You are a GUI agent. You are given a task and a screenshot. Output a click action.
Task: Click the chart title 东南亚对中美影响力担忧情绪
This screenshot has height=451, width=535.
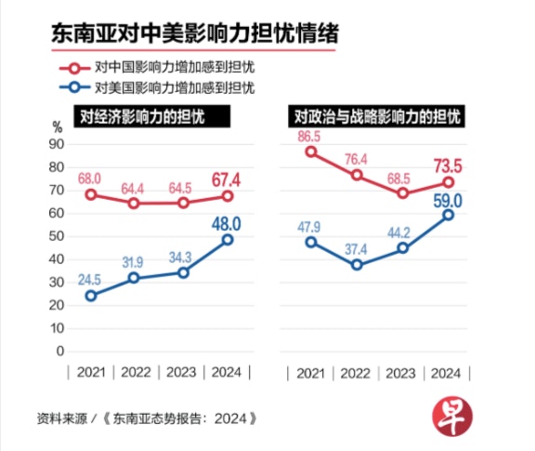(x=195, y=33)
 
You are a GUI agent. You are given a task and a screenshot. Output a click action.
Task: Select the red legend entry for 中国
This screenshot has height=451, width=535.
(x=157, y=67)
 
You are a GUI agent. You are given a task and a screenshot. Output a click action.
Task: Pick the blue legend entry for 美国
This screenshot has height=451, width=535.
(x=157, y=87)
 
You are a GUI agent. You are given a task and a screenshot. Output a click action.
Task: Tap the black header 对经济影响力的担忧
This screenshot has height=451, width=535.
(x=152, y=116)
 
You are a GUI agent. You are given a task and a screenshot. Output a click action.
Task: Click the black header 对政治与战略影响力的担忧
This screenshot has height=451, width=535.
(x=376, y=116)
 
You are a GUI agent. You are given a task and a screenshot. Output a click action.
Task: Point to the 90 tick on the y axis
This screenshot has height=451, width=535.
(x=57, y=144)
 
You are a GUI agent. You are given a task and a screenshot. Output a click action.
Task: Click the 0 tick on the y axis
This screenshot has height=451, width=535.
(x=60, y=352)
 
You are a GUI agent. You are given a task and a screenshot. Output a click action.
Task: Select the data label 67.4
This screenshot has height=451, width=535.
(x=227, y=180)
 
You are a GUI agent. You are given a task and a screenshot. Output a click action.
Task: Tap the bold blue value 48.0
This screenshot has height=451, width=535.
(x=227, y=224)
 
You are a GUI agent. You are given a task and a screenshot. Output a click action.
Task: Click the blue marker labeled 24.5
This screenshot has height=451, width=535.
(x=91, y=296)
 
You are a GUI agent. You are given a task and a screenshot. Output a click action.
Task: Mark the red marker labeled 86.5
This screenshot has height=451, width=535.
(x=311, y=152)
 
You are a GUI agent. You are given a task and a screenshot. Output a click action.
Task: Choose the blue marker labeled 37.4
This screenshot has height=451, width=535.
(x=357, y=265)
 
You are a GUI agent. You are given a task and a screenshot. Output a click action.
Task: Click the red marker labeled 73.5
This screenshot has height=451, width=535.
(x=449, y=182)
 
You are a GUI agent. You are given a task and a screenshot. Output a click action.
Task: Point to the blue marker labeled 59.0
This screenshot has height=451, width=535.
(x=449, y=215)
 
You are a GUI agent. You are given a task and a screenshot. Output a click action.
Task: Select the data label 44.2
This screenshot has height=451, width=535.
(x=398, y=233)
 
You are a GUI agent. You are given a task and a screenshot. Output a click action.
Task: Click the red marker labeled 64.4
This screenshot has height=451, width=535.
(x=134, y=204)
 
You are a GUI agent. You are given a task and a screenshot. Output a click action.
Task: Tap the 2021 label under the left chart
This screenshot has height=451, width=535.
(x=91, y=372)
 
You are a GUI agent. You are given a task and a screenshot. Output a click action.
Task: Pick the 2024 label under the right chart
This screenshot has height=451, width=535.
(x=446, y=374)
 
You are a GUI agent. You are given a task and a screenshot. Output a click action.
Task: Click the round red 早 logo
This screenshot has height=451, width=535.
(x=452, y=417)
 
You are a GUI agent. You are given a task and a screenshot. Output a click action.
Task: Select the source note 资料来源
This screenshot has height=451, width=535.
(x=62, y=418)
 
